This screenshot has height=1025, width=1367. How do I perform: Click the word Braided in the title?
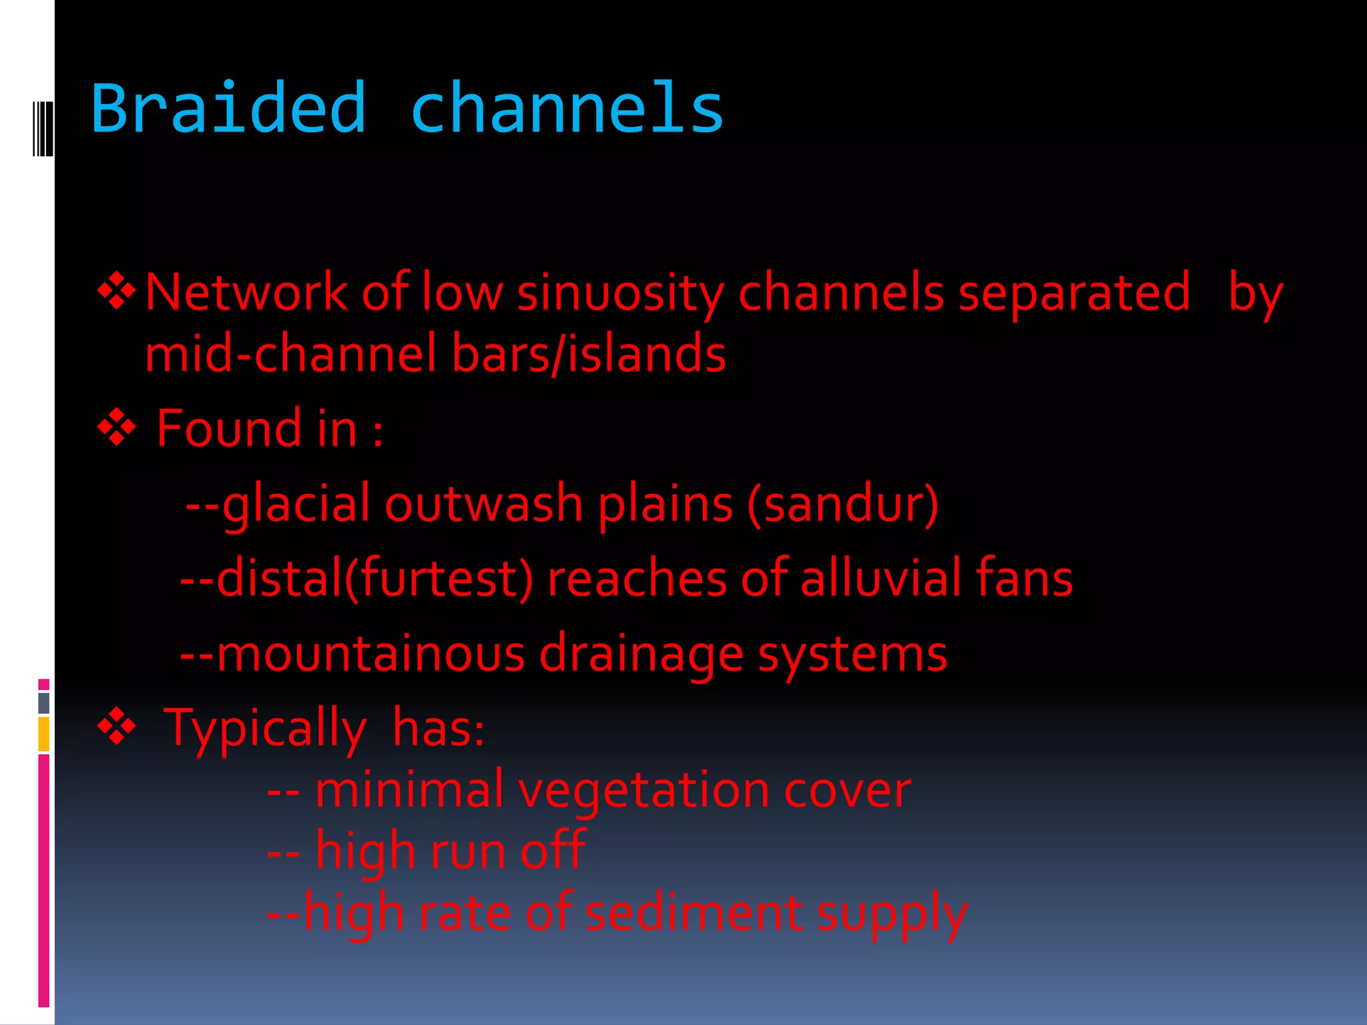pos(229,109)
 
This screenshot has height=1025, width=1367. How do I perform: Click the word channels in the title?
pos(567,109)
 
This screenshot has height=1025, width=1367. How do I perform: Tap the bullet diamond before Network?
pos(117,291)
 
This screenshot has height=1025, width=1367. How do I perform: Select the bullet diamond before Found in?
pos(117,427)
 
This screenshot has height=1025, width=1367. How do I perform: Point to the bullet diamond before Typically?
pos(117,726)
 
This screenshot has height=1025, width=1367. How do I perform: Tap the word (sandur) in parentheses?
pos(843,504)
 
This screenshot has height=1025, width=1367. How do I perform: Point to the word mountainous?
pos(371,653)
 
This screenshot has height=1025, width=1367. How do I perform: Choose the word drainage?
pos(641,655)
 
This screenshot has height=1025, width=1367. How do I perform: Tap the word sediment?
pos(694,913)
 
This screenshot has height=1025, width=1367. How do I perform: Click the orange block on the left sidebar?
pos(44,733)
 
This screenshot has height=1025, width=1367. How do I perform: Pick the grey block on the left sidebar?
pos(44,703)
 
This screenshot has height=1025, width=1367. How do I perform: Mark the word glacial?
pos(296,504)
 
